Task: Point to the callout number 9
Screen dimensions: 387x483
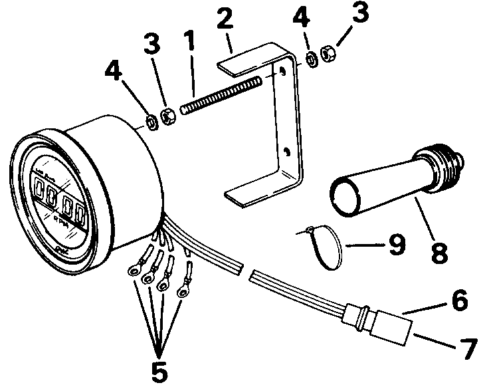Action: coord(396,244)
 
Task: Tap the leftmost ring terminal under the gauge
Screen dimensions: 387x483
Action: coord(134,271)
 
